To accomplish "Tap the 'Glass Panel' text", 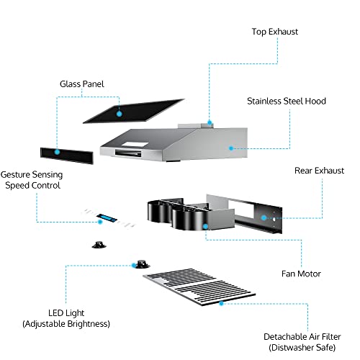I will coord(81,84).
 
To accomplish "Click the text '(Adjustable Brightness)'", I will coord(66,324).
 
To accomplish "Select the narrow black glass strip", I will coord(67,153).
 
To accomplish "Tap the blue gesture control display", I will coord(107,218).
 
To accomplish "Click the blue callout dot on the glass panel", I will coord(117,112).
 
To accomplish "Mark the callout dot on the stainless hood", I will coord(231,147).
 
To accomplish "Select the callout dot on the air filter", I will coord(221,303).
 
